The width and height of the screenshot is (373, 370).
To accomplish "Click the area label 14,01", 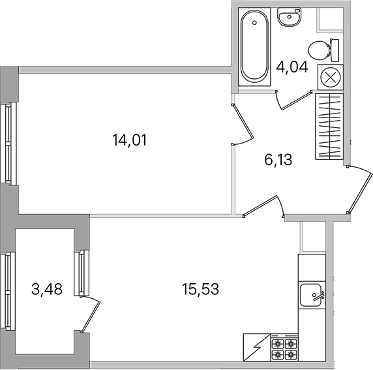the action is [129, 140].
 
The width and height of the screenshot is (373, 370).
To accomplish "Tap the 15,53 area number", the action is [200, 289].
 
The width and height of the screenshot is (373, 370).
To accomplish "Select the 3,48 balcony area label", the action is [47, 289].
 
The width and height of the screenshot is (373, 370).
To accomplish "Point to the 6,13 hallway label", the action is [278, 159].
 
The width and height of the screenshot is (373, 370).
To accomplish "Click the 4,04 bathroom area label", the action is [292, 67].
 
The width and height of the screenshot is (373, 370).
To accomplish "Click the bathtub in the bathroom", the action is [254, 47].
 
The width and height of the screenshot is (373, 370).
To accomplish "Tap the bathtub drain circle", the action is [254, 23].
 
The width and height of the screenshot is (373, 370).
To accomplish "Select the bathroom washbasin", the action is [290, 16].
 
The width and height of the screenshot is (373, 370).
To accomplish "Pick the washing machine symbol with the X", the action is [331, 77].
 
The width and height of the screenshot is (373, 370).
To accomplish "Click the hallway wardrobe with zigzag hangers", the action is [329, 127].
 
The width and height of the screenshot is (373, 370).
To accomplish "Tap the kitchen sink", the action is [312, 295].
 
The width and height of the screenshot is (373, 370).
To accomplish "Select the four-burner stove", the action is [284, 347].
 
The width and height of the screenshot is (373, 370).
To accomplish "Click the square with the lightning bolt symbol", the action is [257, 347].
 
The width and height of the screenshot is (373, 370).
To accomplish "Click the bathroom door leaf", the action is [297, 100].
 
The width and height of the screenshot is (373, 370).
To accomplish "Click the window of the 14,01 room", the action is [8, 144].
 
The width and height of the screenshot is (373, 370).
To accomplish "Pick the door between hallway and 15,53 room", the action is [260, 206].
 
